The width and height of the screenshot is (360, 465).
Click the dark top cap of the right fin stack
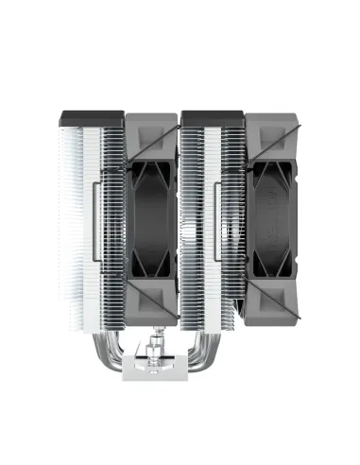pos(213,119)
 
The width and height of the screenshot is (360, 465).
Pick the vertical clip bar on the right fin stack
pos(216,222)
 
